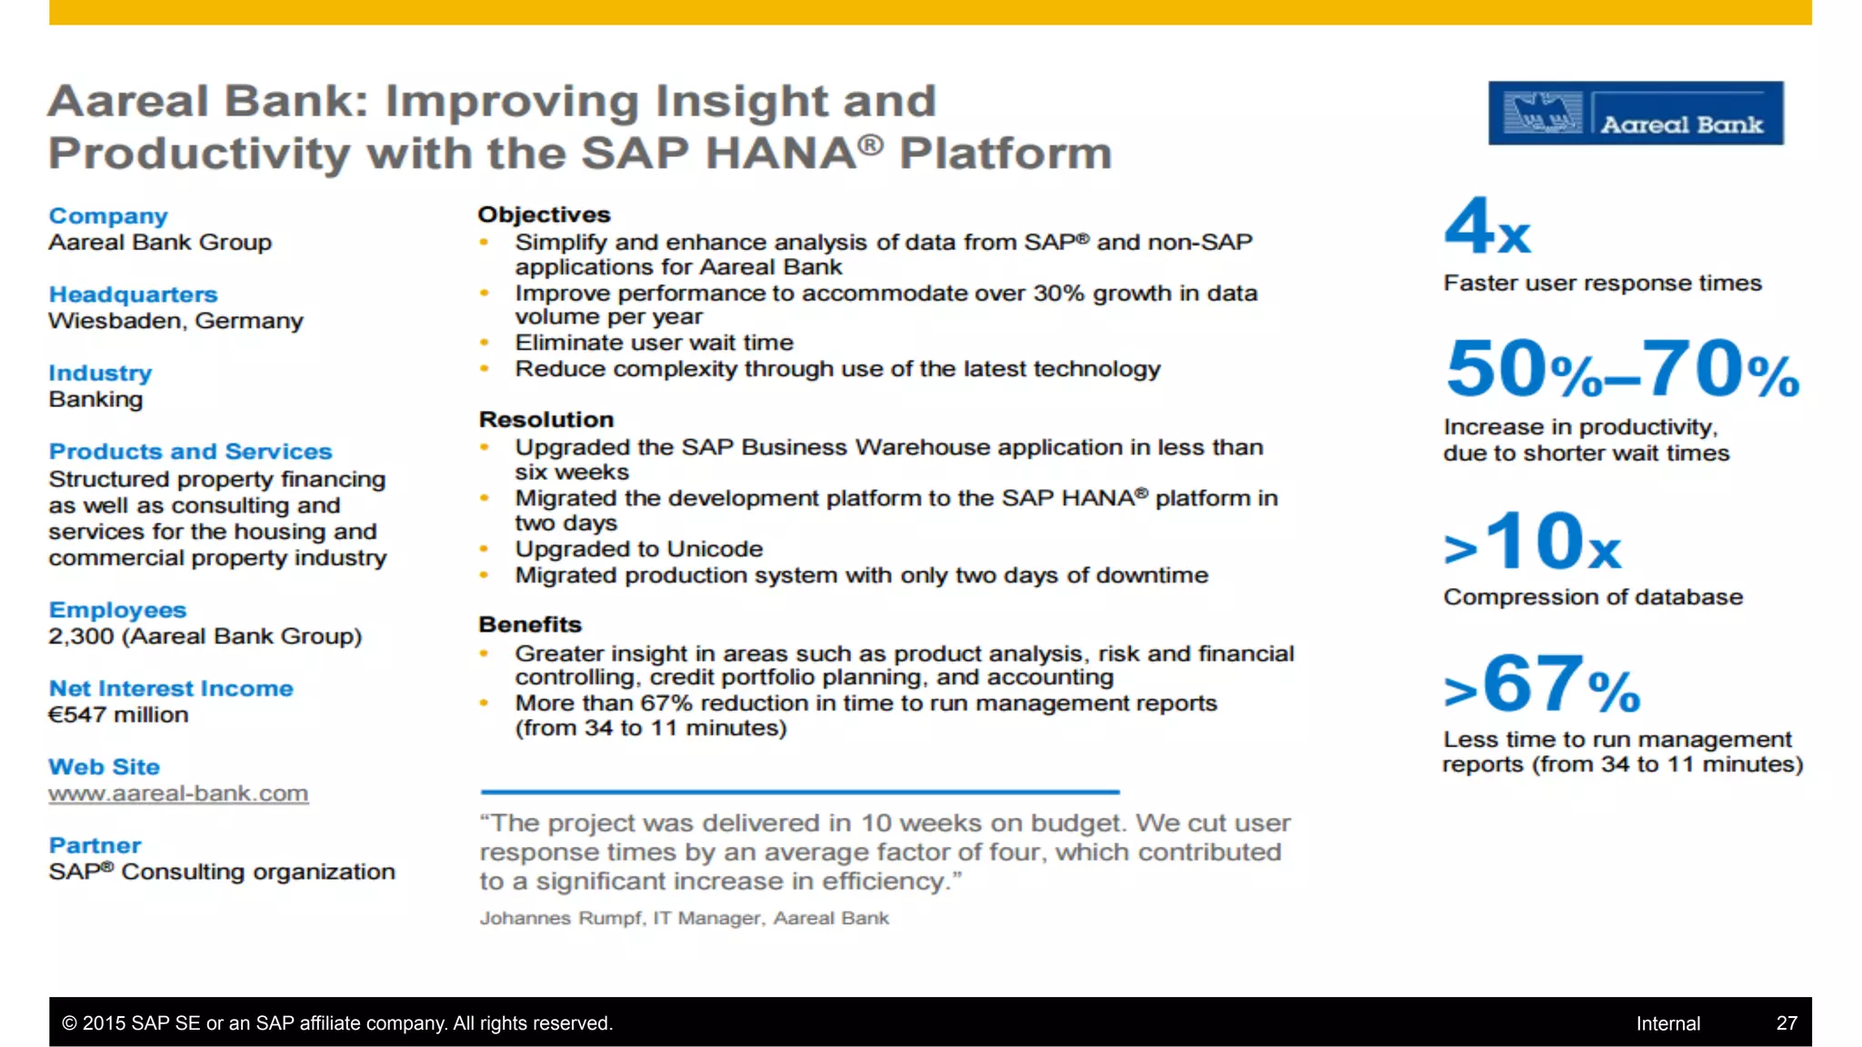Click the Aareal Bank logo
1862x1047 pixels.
pos(1635,114)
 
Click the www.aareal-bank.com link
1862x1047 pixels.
pos(178,793)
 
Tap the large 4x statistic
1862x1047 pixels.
pos(1487,227)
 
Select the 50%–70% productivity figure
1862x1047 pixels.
pos(1622,369)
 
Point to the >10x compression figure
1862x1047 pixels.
pos(1533,543)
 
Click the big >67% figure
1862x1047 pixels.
pos(1542,684)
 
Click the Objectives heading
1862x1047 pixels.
pos(544,214)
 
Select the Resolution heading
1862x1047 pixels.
pos(546,420)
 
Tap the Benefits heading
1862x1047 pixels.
pos(530,624)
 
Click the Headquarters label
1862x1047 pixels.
pos(133,294)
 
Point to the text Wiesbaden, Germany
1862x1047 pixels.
pos(175,321)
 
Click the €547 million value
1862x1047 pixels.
pos(118,714)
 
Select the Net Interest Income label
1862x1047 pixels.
pos(171,688)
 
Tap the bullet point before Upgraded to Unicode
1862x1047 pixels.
pos(485,549)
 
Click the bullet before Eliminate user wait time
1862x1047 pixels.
pos(485,343)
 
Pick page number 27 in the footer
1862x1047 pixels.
pos(1786,1023)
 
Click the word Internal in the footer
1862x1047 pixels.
pos(1667,1023)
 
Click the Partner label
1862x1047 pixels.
pos(95,845)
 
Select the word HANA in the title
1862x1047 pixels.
pos(780,154)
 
